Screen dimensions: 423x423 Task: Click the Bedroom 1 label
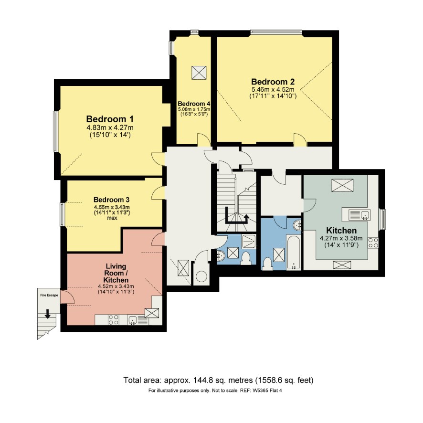[x=110, y=119]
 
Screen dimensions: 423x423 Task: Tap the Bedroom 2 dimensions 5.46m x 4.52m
[x=273, y=89]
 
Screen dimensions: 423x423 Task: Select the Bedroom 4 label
[x=194, y=104]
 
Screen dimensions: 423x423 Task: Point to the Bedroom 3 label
[x=111, y=200]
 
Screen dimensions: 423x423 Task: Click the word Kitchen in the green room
[x=341, y=231]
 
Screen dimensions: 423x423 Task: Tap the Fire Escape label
[x=49, y=295]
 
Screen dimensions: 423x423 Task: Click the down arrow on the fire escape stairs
[x=48, y=314]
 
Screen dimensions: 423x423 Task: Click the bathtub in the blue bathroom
[x=294, y=252]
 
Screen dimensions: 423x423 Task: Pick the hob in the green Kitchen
[x=373, y=243]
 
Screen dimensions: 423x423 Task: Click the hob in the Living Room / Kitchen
[x=113, y=320]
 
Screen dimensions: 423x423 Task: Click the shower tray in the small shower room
[x=249, y=242]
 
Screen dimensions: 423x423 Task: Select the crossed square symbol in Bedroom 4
[x=199, y=73]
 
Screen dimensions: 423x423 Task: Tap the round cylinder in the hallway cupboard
[x=201, y=277]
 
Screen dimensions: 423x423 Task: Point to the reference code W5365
[x=261, y=391]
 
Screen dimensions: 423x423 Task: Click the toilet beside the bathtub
[x=267, y=264]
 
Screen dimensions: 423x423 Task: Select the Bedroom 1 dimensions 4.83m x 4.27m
[x=110, y=127]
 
